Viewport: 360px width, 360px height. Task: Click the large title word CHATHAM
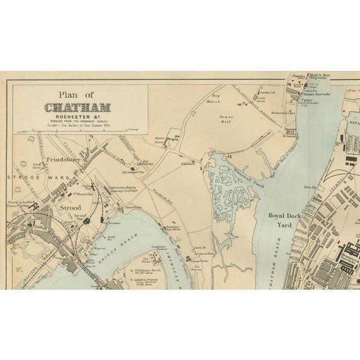pyautogui.click(x=79, y=106)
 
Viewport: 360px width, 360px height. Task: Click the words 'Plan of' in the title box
pyautogui.click(x=79, y=94)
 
